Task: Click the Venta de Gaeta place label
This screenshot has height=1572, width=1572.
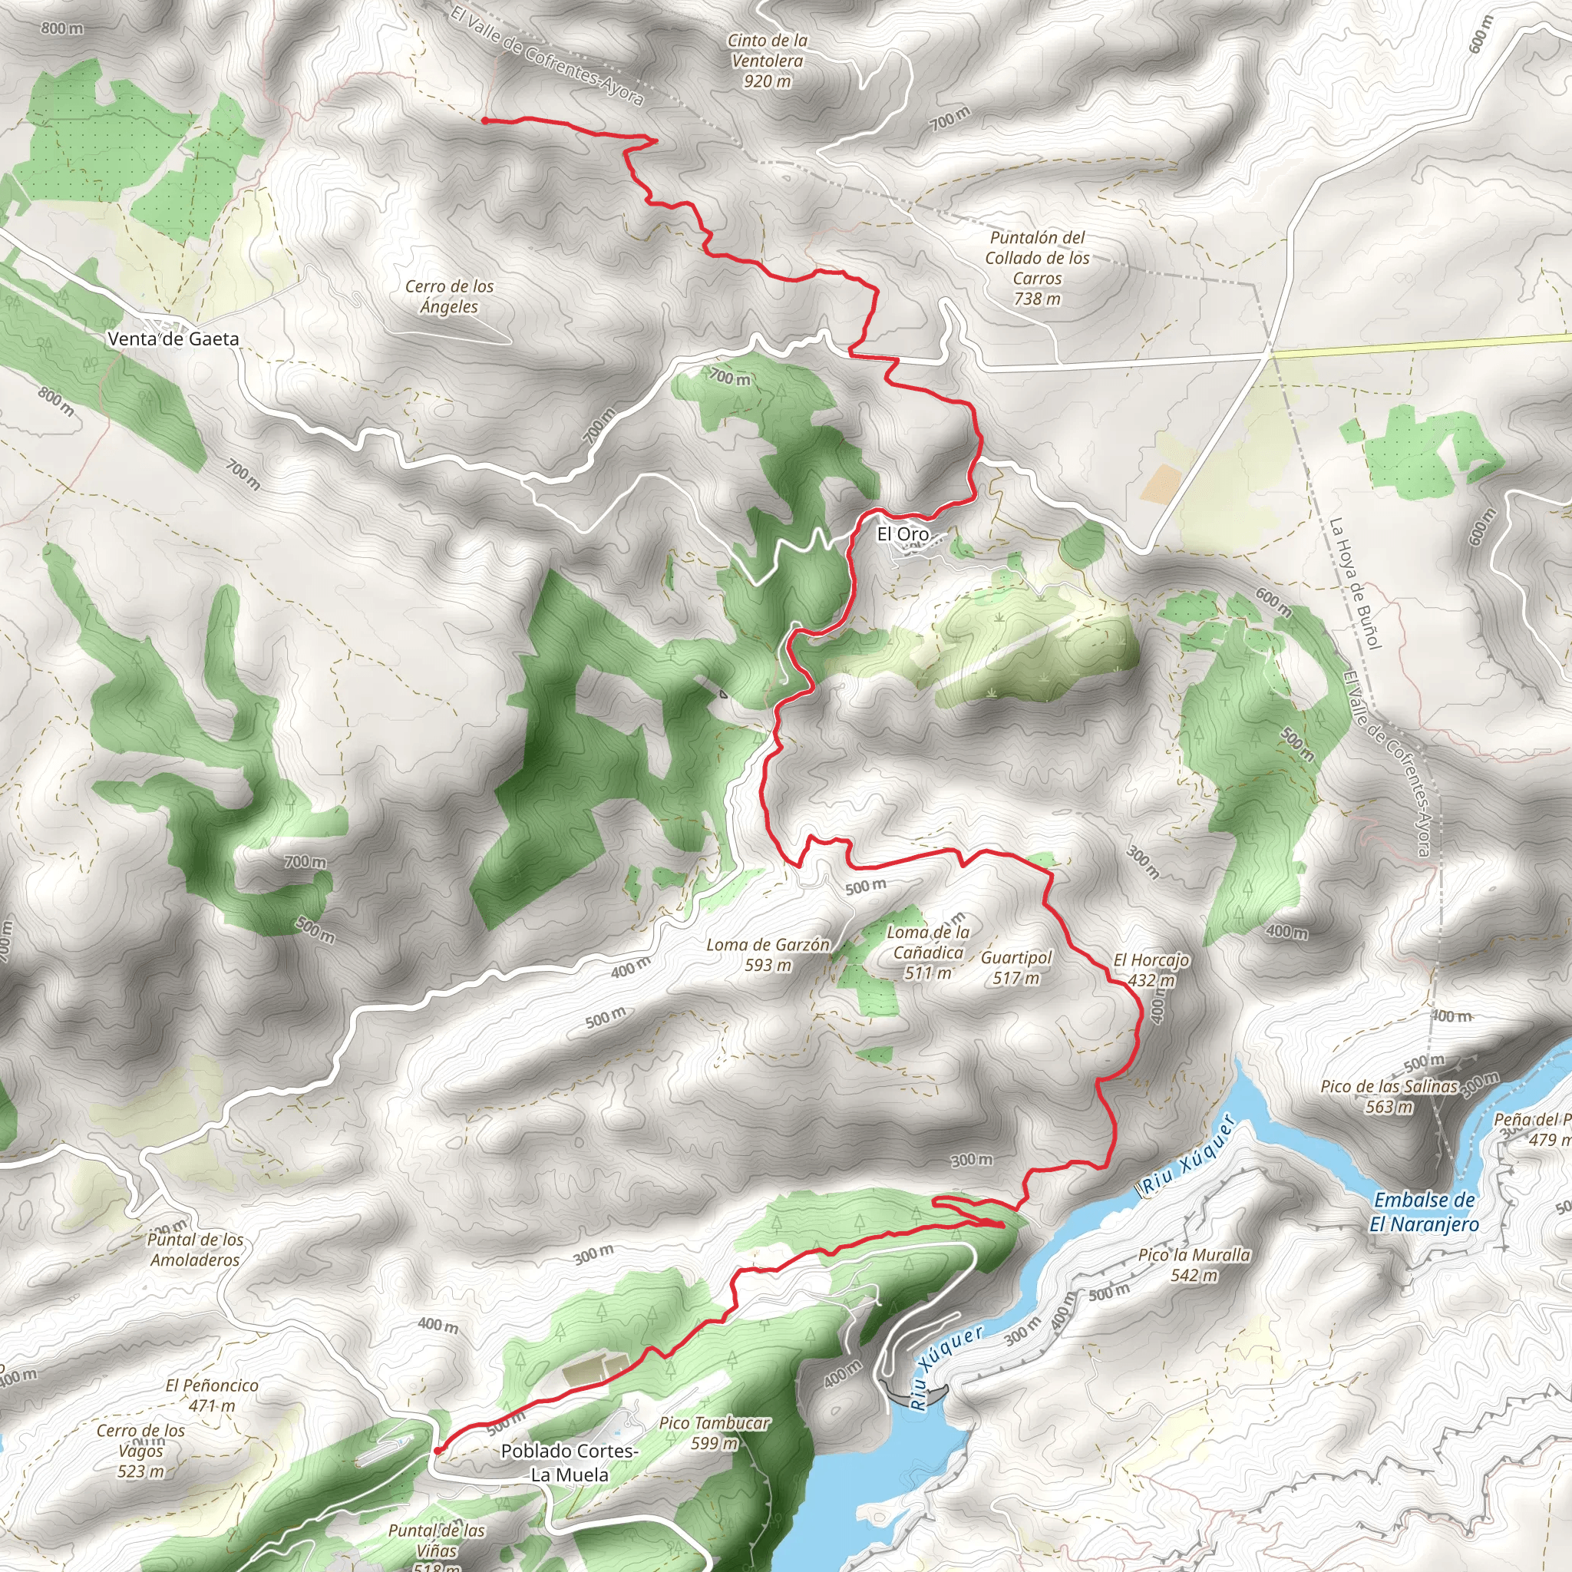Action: click(173, 339)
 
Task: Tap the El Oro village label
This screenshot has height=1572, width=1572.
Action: click(903, 534)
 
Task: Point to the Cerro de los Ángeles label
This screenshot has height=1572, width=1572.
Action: click(449, 297)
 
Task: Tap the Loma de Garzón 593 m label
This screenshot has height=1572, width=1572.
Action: click(768, 954)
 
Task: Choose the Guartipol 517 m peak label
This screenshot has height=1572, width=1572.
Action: click(1016, 967)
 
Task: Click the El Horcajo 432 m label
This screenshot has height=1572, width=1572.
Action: click(1151, 970)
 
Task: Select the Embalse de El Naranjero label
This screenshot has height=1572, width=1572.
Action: click(1424, 1211)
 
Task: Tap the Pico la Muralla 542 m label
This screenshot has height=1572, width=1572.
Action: click(1194, 1264)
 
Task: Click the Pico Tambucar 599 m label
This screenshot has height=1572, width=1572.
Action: click(714, 1433)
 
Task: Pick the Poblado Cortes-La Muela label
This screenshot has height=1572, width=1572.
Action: click(569, 1462)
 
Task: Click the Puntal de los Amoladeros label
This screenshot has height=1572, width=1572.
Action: click(195, 1250)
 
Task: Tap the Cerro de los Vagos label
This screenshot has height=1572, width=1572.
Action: click(140, 1451)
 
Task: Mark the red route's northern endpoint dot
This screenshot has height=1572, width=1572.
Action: click(485, 121)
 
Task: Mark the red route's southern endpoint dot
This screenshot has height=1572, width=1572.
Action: click(438, 1450)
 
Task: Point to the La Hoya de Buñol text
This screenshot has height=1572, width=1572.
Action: click(1355, 583)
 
